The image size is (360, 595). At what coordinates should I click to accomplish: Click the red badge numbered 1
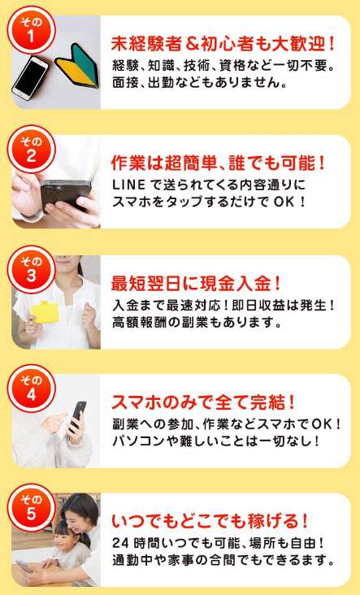pyautogui.click(x=31, y=29)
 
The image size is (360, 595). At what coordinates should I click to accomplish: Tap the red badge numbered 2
pyautogui.click(x=31, y=149)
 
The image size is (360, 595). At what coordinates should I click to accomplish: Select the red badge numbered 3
pyautogui.click(x=31, y=269)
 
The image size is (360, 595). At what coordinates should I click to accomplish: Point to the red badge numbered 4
pyautogui.click(x=31, y=389)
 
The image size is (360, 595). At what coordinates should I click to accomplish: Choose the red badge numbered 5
pyautogui.click(x=31, y=508)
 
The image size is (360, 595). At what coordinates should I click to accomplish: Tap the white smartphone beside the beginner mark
pyautogui.click(x=30, y=78)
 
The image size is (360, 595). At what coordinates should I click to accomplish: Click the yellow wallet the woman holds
pyautogui.click(x=45, y=312)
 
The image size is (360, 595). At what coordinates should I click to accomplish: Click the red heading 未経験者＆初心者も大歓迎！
pyautogui.click(x=223, y=44)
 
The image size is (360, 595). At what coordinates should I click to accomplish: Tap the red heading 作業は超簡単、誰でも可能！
pyautogui.click(x=218, y=163)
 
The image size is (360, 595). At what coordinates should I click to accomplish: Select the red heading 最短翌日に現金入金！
pyautogui.click(x=196, y=284)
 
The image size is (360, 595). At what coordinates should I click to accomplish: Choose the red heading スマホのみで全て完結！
pyautogui.click(x=203, y=402)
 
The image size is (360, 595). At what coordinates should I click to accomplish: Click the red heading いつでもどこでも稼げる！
pyautogui.click(x=210, y=522)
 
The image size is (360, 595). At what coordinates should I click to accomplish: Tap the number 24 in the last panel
pyautogui.click(x=119, y=543)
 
